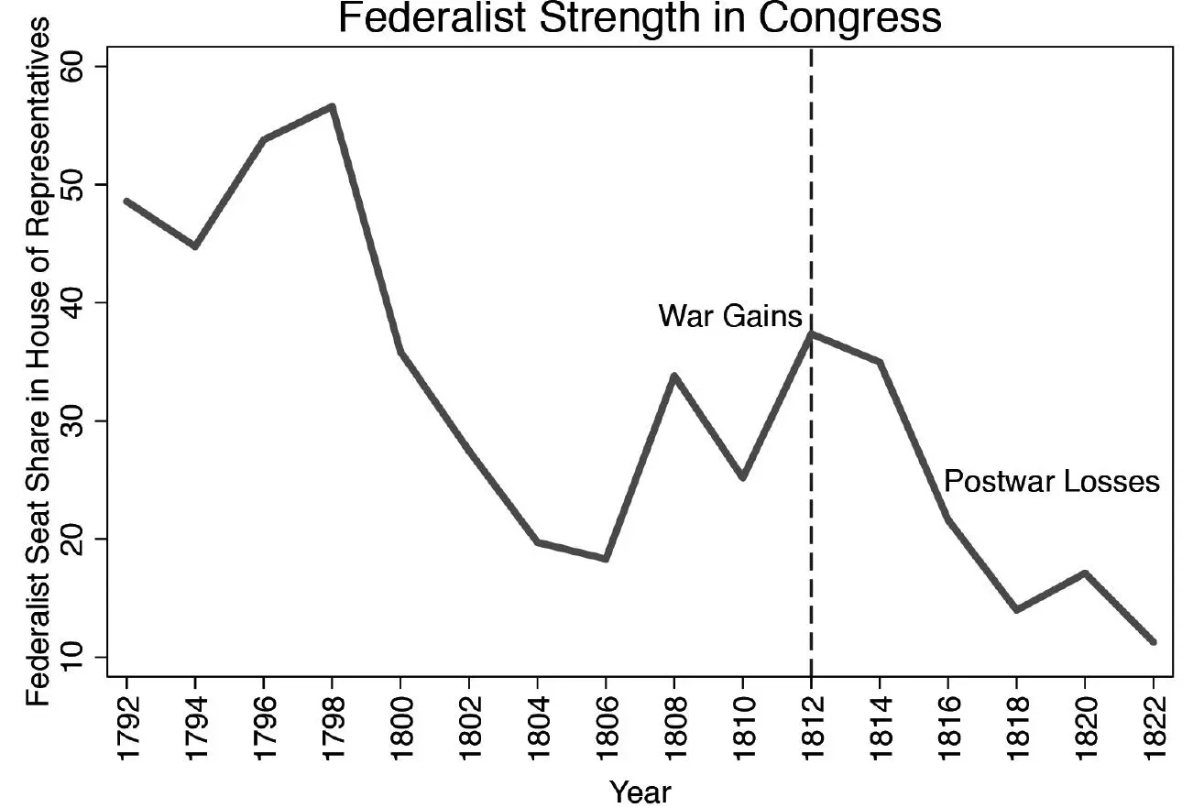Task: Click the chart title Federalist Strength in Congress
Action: click(x=639, y=18)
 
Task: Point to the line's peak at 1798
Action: click(x=332, y=107)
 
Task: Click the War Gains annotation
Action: click(x=730, y=317)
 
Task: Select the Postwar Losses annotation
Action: click(x=1051, y=482)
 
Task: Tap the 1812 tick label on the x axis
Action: click(x=811, y=720)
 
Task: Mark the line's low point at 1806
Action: click(x=606, y=558)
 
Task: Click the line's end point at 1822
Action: click(x=1153, y=642)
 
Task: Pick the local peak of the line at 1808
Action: click(x=673, y=376)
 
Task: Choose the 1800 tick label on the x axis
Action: click(x=400, y=720)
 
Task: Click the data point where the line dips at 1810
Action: click(x=742, y=477)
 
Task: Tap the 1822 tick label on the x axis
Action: click(x=1153, y=720)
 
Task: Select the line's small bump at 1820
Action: click(x=1084, y=573)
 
